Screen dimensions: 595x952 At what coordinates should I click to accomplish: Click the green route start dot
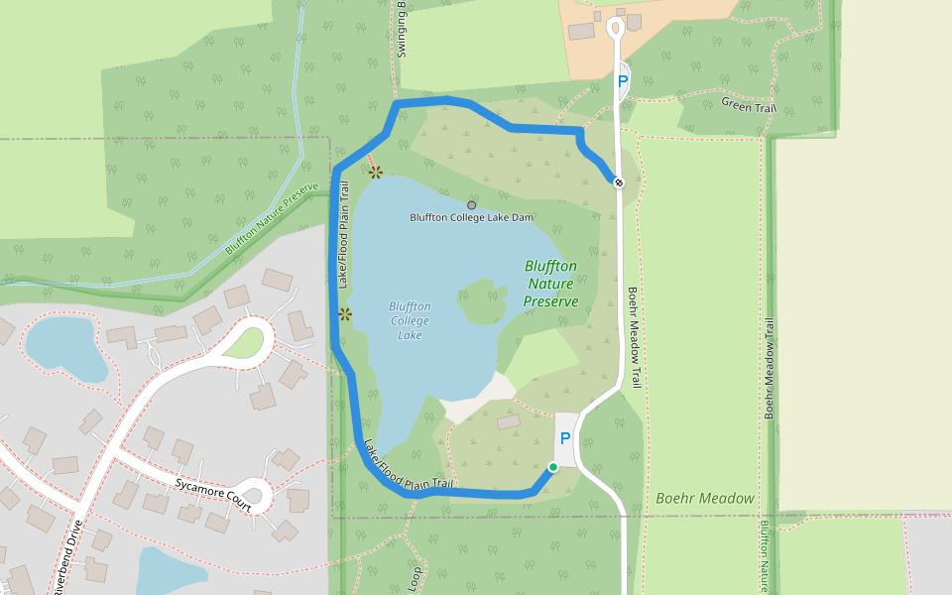tap(553, 467)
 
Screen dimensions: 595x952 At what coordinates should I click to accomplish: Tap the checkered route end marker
tap(618, 182)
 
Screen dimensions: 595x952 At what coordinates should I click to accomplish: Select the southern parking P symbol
tap(565, 438)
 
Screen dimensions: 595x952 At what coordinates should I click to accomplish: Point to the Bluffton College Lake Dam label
tap(472, 217)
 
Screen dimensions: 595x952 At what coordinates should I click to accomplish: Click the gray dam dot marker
tap(471, 205)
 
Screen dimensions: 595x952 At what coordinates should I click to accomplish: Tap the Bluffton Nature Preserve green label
tap(550, 284)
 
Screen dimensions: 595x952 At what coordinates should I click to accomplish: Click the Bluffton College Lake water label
tap(411, 320)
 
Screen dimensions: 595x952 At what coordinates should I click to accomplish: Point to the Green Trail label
tap(748, 104)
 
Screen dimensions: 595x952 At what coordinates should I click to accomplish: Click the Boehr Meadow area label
tap(705, 498)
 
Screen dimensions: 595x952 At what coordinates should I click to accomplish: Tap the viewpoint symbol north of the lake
tap(376, 172)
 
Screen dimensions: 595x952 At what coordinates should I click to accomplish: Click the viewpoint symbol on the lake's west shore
tap(344, 314)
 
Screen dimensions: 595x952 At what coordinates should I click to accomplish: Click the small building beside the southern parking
tap(509, 422)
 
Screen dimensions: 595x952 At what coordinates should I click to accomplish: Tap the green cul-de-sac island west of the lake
tap(247, 342)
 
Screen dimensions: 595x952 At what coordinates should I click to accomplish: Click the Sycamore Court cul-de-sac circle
tap(257, 492)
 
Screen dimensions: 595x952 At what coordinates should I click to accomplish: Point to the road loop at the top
tap(615, 27)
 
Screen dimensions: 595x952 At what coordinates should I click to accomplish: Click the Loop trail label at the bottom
tap(416, 575)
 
